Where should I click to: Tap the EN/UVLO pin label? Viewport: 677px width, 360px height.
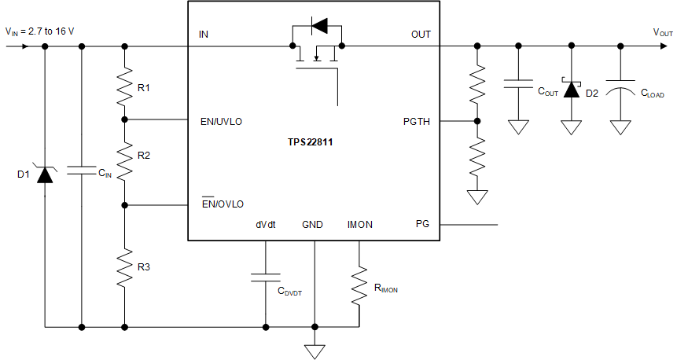click(x=222, y=122)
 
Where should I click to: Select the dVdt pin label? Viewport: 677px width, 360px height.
click(x=265, y=224)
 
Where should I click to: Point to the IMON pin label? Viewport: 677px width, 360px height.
click(x=359, y=224)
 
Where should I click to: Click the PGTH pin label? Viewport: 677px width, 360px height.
click(x=417, y=122)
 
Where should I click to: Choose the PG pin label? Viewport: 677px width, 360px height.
click(x=422, y=224)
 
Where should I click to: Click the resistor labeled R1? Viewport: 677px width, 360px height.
click(x=124, y=88)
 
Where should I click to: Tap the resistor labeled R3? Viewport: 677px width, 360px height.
click(x=124, y=267)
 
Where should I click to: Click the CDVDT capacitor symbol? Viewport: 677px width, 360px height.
click(x=266, y=276)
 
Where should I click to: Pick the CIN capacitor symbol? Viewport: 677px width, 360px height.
click(x=82, y=170)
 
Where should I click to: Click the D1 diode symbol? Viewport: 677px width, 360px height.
click(x=45, y=174)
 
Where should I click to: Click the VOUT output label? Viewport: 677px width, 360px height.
click(x=662, y=32)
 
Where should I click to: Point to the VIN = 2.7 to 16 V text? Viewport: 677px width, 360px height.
click(x=44, y=32)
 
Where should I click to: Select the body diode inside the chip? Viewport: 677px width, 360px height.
click(x=318, y=27)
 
